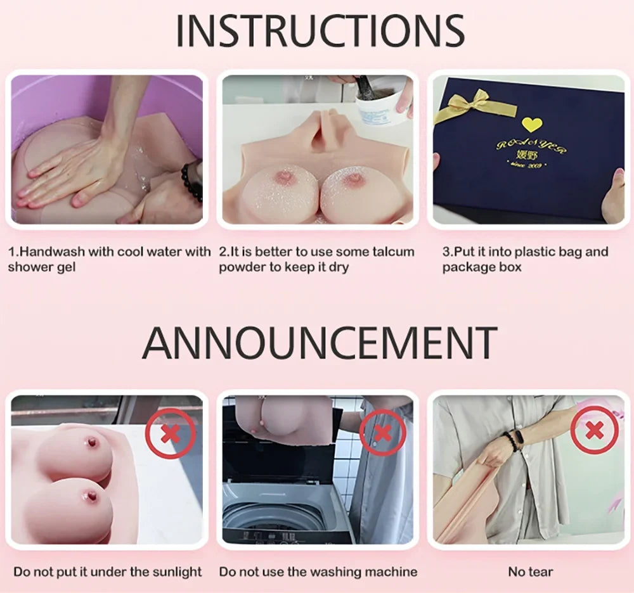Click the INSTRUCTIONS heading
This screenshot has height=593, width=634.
pyautogui.click(x=320, y=30)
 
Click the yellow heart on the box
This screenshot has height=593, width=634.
pyautogui.click(x=530, y=124)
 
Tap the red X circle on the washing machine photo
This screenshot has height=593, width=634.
pyautogui.click(x=382, y=432)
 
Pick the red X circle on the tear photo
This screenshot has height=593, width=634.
pyautogui.click(x=594, y=431)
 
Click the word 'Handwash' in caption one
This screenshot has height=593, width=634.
pyautogui.click(x=52, y=252)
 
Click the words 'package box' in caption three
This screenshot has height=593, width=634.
pyautogui.click(x=482, y=267)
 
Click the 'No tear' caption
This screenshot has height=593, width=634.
pyautogui.click(x=530, y=571)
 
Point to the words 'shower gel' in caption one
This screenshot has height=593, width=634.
pyautogui.click(x=42, y=267)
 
